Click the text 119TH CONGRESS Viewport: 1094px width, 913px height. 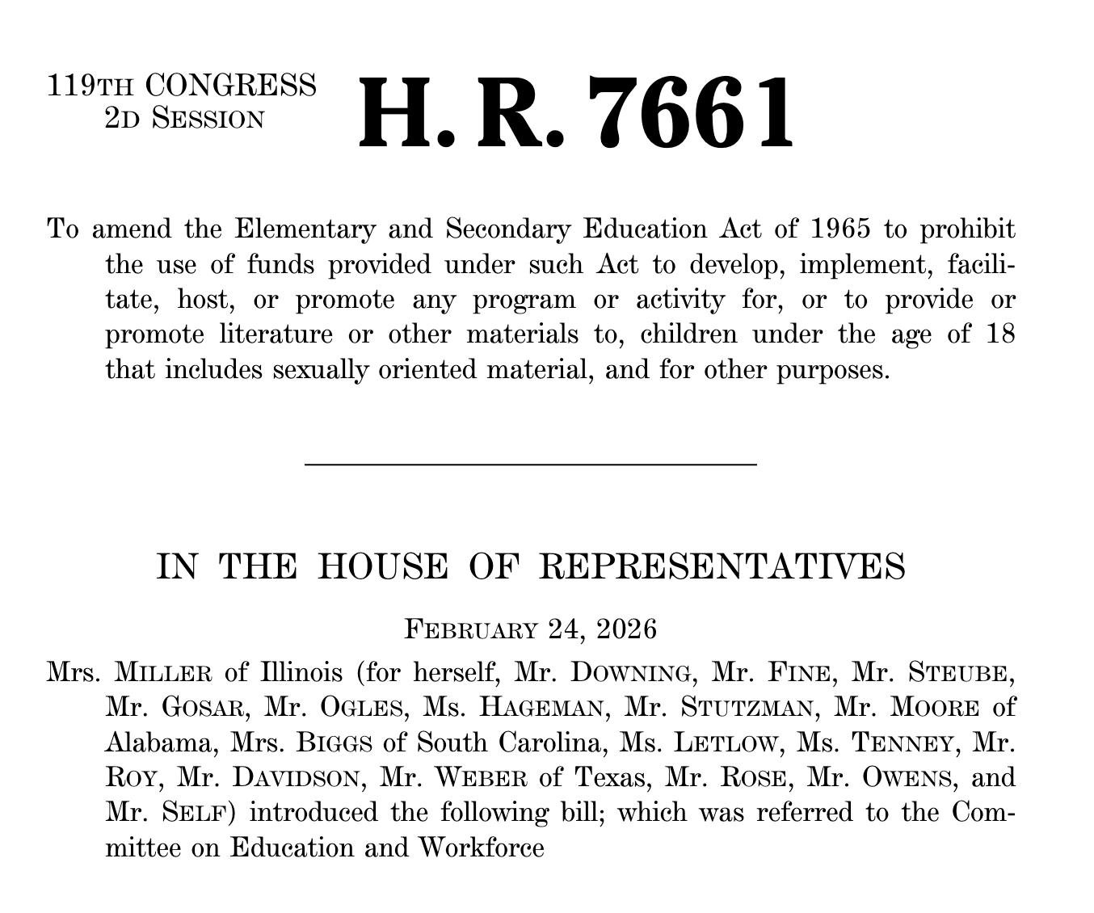(182, 85)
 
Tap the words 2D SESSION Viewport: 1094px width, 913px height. (184, 119)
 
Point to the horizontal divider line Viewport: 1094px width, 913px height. (530, 465)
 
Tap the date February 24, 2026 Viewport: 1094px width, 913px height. (530, 629)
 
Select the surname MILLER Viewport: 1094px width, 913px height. (165, 671)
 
